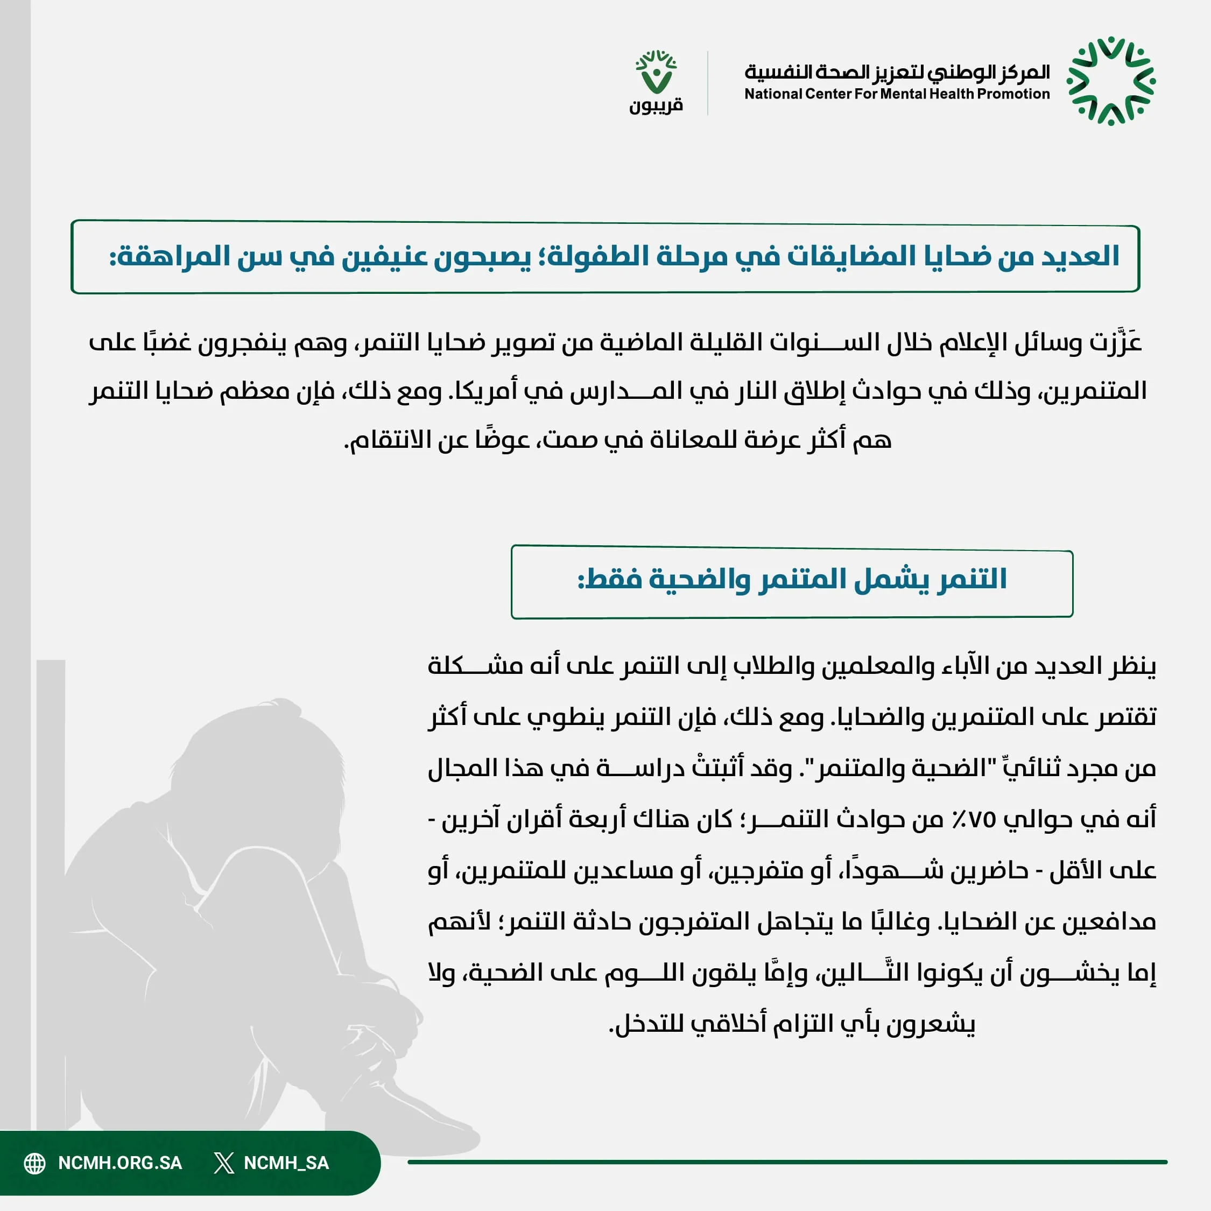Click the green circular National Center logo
[1111, 81]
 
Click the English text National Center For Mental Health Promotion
[896, 94]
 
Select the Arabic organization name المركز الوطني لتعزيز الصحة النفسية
[896, 72]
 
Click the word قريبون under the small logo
[656, 105]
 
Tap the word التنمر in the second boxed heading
[972, 579]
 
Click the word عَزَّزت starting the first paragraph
[1115, 342]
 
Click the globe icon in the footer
[35, 1163]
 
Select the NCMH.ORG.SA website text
[119, 1163]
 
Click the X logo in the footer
[224, 1163]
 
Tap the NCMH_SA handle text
[286, 1163]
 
